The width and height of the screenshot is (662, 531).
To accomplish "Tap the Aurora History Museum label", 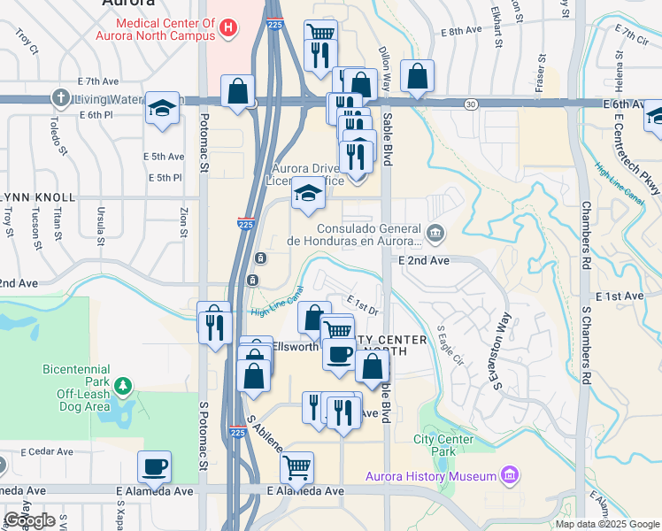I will [x=431, y=477].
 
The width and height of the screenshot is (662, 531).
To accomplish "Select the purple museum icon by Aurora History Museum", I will [x=509, y=477].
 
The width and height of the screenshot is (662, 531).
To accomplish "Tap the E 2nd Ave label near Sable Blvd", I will [x=424, y=261].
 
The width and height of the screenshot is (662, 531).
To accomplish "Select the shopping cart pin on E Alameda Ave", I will [x=296, y=466].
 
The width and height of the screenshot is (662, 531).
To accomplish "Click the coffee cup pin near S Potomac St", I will [x=154, y=466].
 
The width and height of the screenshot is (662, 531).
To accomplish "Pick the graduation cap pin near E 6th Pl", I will [x=163, y=107].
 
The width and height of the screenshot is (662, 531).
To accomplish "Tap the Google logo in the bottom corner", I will [x=29, y=520].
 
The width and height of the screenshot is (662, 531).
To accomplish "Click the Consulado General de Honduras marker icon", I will [x=435, y=234].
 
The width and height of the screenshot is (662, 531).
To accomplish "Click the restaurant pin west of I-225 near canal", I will [x=213, y=325].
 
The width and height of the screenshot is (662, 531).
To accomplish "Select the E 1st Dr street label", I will [x=362, y=304].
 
